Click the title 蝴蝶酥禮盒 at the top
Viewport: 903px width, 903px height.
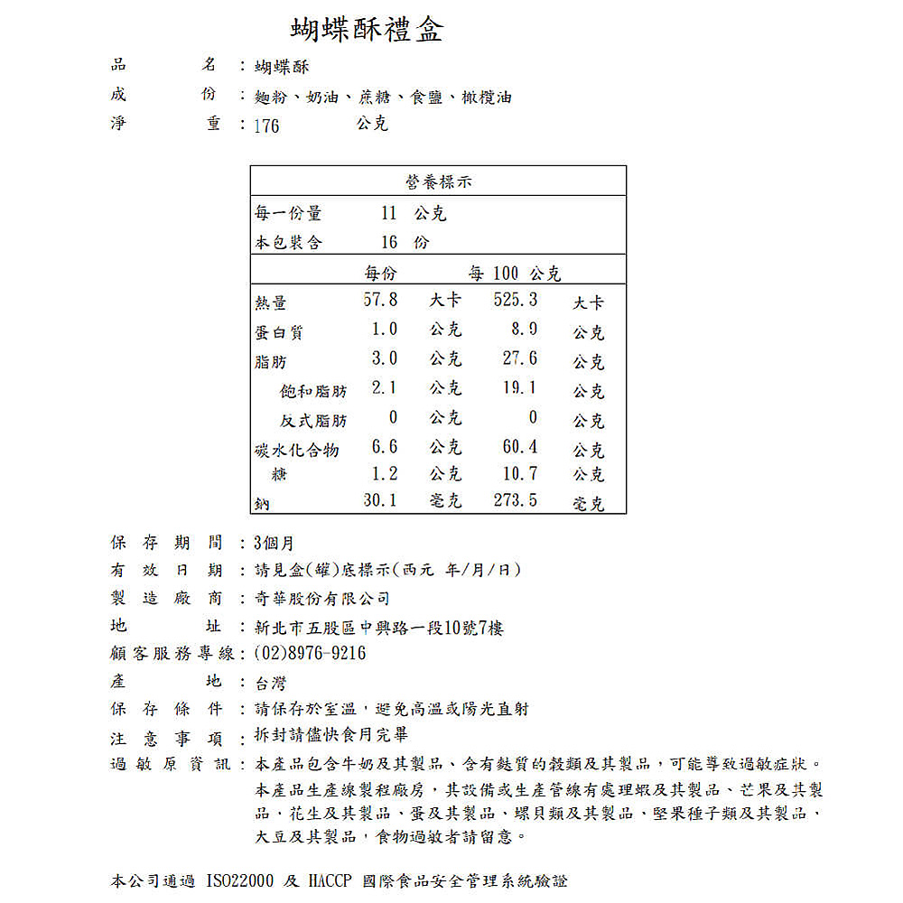(367, 31)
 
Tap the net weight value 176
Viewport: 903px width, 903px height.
(266, 126)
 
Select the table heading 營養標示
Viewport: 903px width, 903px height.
(438, 182)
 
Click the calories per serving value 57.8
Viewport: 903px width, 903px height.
(380, 299)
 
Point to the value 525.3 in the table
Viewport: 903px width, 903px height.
(516, 299)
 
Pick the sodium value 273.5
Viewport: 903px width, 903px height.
(516, 499)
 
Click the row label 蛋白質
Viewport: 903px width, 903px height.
(279, 332)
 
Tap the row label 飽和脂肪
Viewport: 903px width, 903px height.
(313, 391)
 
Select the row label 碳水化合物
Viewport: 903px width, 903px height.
(297, 450)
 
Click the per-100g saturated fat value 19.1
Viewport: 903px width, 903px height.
(520, 387)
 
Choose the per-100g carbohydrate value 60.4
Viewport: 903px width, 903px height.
(520, 446)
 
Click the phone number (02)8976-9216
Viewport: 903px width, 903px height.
(311, 653)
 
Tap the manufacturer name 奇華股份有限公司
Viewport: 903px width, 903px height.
(322, 599)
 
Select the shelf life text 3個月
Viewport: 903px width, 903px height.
(275, 543)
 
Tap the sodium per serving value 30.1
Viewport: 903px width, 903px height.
(380, 499)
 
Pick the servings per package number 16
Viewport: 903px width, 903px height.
(389, 242)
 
